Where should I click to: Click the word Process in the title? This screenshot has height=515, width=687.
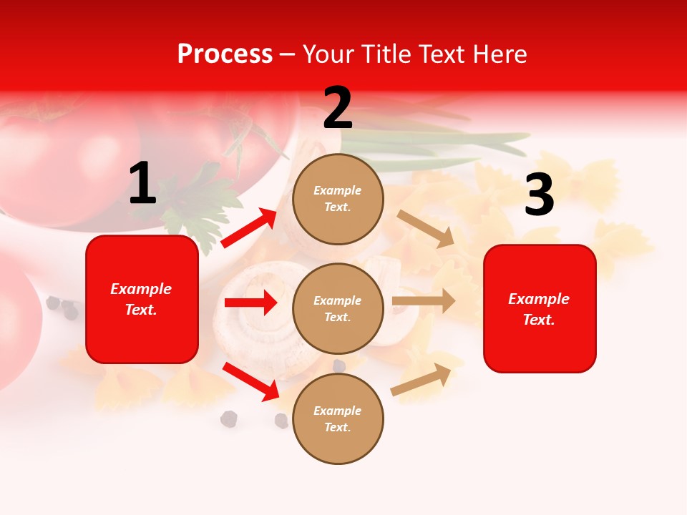225,54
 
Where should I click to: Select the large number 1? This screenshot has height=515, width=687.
142,184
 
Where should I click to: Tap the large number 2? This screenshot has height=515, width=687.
338,108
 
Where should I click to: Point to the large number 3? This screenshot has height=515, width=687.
539,195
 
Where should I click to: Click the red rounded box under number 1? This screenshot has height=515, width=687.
142,299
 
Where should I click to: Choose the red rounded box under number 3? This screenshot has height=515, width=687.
540,309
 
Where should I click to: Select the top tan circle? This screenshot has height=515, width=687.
338,199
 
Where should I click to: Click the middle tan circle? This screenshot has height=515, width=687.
338,309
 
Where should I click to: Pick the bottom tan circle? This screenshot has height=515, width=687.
338,419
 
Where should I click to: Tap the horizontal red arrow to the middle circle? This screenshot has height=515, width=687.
250,303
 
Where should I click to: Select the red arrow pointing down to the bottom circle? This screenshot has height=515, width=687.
251,381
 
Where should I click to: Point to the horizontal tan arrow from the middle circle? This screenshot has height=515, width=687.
424,300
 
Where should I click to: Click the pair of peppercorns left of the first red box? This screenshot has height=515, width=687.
62,308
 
